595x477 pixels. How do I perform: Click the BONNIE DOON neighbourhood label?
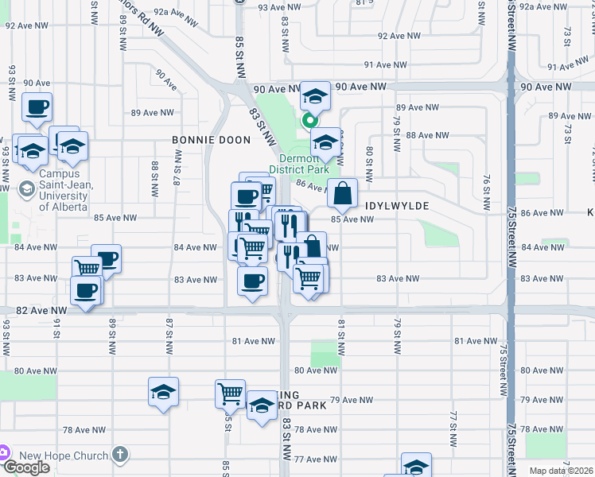212,140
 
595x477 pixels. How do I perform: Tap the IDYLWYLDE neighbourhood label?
397,206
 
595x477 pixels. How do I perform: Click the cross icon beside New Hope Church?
119,456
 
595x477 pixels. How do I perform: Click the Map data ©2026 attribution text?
561,471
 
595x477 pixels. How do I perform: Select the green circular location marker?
309,122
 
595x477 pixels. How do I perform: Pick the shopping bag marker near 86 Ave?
342,192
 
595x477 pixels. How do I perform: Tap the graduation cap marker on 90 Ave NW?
315,97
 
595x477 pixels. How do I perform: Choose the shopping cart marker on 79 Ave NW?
229,393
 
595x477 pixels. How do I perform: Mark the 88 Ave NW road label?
422,135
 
